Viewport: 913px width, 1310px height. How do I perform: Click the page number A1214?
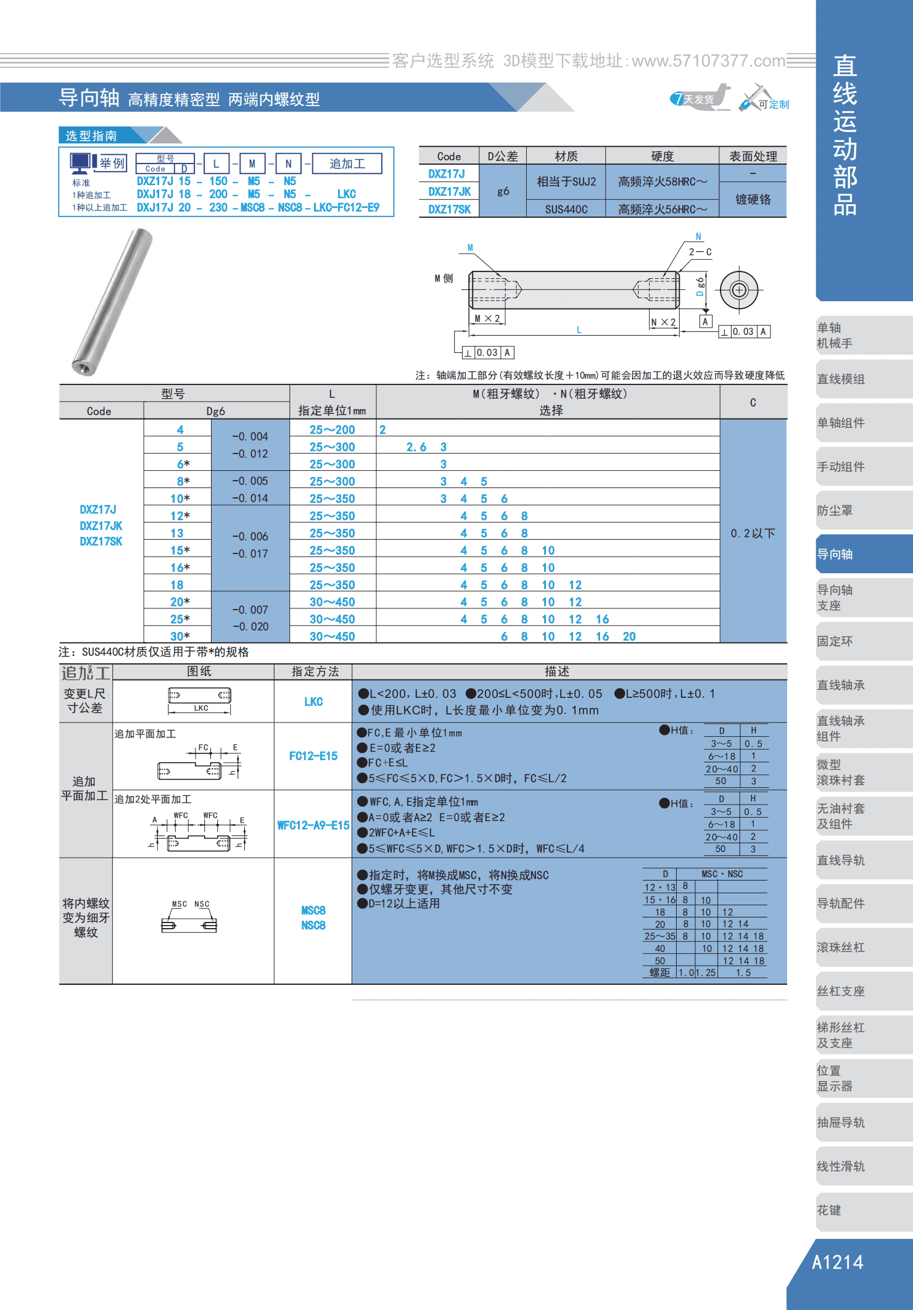837,1262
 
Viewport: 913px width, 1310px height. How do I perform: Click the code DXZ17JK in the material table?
449,192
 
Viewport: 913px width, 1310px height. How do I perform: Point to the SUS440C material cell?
566,209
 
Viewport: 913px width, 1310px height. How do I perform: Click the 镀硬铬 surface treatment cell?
753,199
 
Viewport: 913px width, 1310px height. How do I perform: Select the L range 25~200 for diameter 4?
332,429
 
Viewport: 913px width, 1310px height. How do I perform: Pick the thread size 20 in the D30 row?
629,636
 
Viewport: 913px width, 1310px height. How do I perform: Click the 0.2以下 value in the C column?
753,533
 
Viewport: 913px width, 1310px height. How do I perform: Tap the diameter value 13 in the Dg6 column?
177,533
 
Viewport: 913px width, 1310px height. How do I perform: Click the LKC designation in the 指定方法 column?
313,702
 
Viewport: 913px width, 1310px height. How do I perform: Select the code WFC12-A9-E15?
313,825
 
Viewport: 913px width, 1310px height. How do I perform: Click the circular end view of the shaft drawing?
739,289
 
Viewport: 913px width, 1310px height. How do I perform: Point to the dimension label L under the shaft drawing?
579,330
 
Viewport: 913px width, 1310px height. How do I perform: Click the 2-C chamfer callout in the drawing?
700,252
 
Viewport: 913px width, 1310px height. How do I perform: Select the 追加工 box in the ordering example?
347,164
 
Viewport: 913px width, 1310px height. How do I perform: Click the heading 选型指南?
91,136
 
